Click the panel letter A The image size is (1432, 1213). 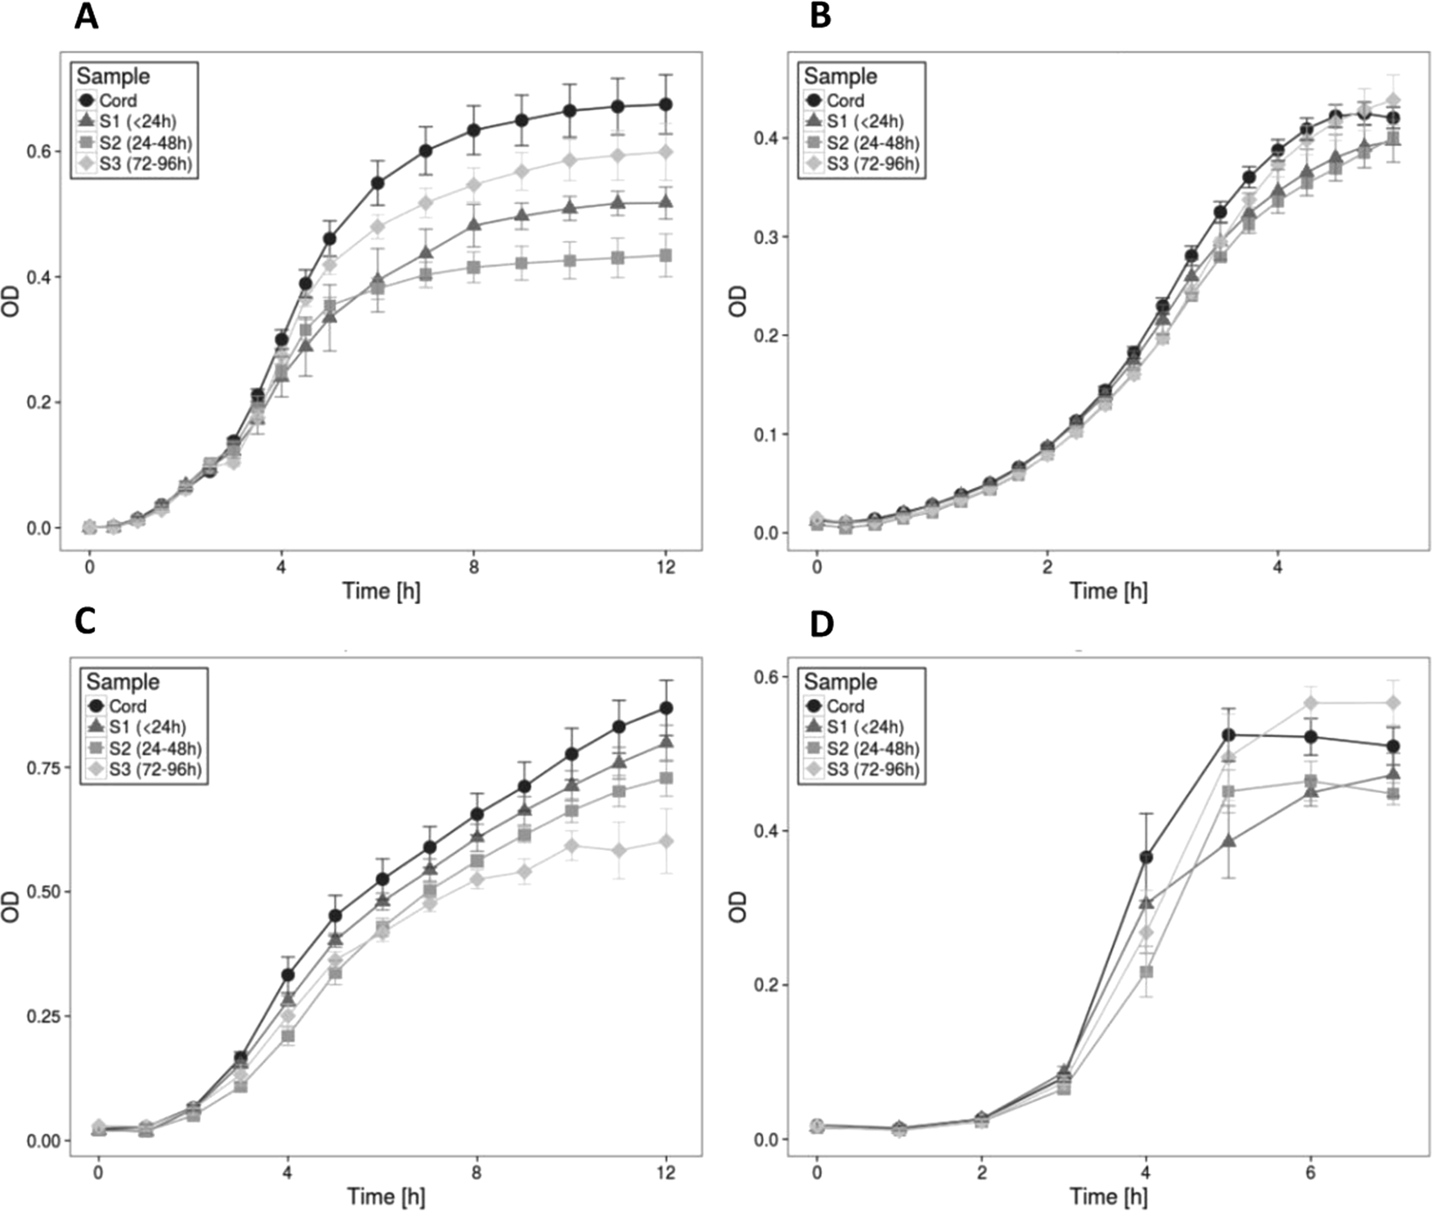pyautogui.click(x=86, y=16)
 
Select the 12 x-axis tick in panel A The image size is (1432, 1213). pyautogui.click(x=666, y=567)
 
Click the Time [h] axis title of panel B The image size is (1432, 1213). pyautogui.click(x=1108, y=592)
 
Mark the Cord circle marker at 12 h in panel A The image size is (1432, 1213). pyautogui.click(x=666, y=104)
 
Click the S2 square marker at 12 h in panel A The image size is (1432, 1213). pyautogui.click(x=666, y=256)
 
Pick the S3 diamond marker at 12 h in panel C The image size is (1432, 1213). pyautogui.click(x=666, y=841)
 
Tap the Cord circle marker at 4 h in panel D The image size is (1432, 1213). pyautogui.click(x=1146, y=857)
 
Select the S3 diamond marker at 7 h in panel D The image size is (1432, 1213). pyautogui.click(x=1393, y=702)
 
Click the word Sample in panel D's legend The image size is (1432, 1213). pyautogui.click(x=840, y=682)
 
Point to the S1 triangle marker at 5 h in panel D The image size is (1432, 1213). pyautogui.click(x=1228, y=841)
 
